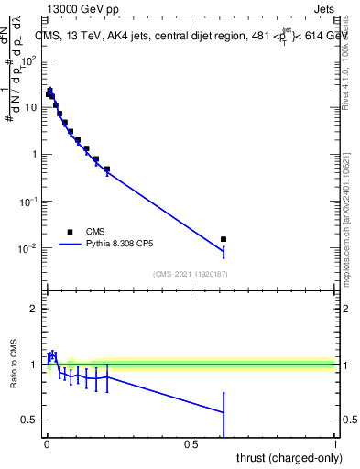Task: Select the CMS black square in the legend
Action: (69, 232)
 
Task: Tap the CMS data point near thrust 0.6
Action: (224, 239)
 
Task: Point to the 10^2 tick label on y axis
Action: (29, 60)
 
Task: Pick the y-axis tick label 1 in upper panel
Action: (35, 154)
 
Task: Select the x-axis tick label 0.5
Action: (191, 443)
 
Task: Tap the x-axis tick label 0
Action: (47, 443)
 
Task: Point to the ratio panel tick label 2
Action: (35, 309)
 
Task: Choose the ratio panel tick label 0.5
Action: (31, 420)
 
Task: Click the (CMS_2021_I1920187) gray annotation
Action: (190, 273)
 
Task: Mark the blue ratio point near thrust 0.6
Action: (224, 412)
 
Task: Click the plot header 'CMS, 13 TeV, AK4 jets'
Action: (101, 36)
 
